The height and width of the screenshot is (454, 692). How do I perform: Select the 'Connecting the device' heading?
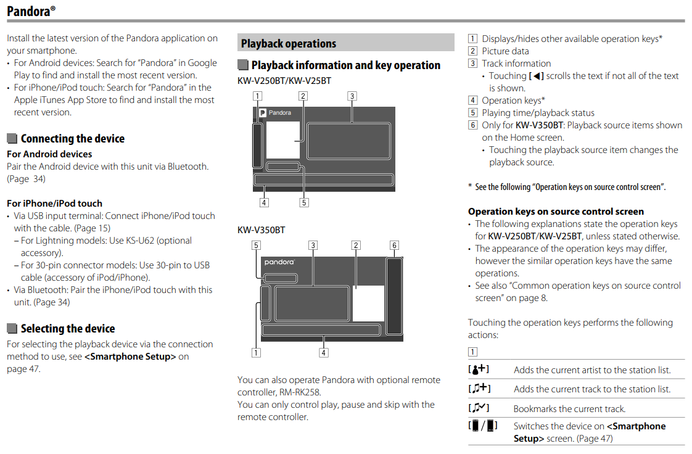72,139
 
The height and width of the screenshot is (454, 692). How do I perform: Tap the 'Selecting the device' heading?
67,329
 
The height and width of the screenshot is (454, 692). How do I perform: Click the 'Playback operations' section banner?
289,44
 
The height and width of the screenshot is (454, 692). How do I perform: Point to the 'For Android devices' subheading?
49,154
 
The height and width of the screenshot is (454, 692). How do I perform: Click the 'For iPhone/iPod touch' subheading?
54,204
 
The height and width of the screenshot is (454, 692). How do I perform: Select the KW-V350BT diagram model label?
262,230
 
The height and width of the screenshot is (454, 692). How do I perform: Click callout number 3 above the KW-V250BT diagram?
352,96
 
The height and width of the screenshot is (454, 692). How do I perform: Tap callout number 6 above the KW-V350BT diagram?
395,246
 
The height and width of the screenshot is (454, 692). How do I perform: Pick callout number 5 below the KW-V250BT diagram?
304,202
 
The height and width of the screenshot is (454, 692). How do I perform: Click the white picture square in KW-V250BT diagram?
283,141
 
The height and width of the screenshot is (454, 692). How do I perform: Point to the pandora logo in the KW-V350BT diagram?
280,262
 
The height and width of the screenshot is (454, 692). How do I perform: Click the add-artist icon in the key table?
479,369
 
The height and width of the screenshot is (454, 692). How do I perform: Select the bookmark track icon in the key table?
479,408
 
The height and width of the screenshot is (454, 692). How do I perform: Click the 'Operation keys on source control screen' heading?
556,212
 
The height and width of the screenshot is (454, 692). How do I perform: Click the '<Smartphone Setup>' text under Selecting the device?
130,357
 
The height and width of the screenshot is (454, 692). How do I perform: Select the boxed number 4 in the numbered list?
473,101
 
